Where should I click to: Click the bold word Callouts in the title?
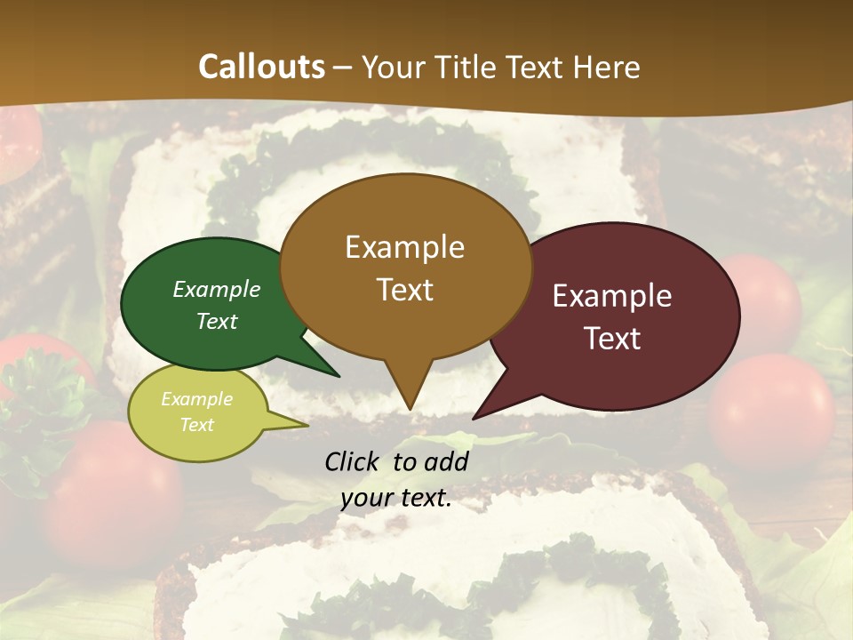[x=262, y=67]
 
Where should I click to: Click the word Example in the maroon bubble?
[x=612, y=296]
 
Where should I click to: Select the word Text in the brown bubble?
[x=405, y=290]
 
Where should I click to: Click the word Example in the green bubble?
[x=217, y=289]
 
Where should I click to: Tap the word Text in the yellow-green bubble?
[x=197, y=425]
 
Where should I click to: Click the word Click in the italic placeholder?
[x=353, y=461]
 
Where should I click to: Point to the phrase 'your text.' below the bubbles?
[x=396, y=499]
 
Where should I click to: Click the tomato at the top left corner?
[x=18, y=142]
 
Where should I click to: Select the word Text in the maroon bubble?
[x=613, y=339]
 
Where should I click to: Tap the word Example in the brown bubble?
[x=405, y=246]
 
